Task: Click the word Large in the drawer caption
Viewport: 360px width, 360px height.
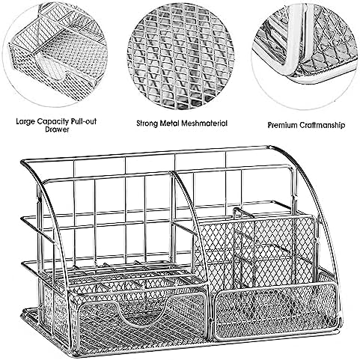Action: [x=25, y=122]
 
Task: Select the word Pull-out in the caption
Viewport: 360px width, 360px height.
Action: [x=84, y=121]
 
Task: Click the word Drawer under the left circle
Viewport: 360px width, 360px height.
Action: [x=57, y=129]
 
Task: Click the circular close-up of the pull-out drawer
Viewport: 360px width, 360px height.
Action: [x=55, y=55]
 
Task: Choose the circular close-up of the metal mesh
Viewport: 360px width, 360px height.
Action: [x=180, y=56]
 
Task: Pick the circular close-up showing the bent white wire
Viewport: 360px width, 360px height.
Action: [x=305, y=56]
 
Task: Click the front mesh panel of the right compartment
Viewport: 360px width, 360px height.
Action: [x=275, y=312]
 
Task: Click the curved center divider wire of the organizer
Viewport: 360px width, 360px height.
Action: [x=192, y=219]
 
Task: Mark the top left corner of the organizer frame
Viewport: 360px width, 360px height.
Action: [x=22, y=162]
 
